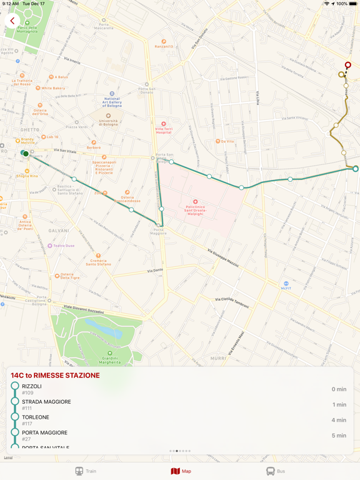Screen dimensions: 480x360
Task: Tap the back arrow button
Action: tap(12, 21)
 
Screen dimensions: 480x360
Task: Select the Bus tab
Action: tap(275, 471)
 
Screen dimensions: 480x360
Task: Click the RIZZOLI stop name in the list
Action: tap(32, 386)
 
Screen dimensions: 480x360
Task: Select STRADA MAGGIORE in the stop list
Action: tap(46, 402)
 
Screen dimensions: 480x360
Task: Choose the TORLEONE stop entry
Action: tap(36, 417)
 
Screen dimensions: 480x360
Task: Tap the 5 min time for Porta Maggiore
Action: tap(339, 436)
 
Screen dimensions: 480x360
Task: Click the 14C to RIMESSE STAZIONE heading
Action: tap(55, 375)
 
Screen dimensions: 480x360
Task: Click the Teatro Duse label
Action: tap(63, 246)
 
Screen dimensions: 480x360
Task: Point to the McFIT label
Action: tap(286, 288)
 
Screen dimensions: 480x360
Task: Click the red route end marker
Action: tap(348, 65)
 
